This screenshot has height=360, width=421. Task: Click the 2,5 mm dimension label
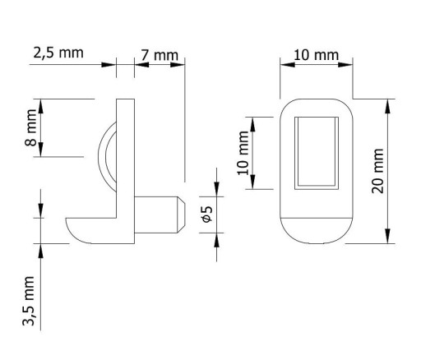click(58, 53)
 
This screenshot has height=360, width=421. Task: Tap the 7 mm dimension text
click(160, 55)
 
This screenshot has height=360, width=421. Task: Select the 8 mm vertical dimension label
click(30, 127)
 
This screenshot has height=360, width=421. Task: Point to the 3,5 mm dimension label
click(29, 301)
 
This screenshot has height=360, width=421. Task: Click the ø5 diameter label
click(206, 215)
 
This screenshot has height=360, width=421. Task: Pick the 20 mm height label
click(377, 171)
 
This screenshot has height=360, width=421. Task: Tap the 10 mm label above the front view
click(316, 55)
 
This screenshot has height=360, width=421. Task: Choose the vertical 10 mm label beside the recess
click(243, 153)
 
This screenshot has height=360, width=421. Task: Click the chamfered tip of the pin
click(181, 215)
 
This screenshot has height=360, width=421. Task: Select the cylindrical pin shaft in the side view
click(155, 215)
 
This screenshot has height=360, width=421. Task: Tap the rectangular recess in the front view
click(317, 153)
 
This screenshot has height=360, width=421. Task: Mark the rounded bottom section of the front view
click(317, 231)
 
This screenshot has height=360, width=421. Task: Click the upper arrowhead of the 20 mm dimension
click(387, 106)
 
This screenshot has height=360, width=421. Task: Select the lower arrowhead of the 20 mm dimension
click(387, 236)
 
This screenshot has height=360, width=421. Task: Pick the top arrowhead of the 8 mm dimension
click(41, 106)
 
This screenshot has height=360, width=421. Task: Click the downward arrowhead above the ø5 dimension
click(217, 189)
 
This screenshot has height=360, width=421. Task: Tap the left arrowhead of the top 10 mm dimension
click(288, 65)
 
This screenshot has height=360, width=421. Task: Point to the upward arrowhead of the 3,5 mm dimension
click(41, 251)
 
